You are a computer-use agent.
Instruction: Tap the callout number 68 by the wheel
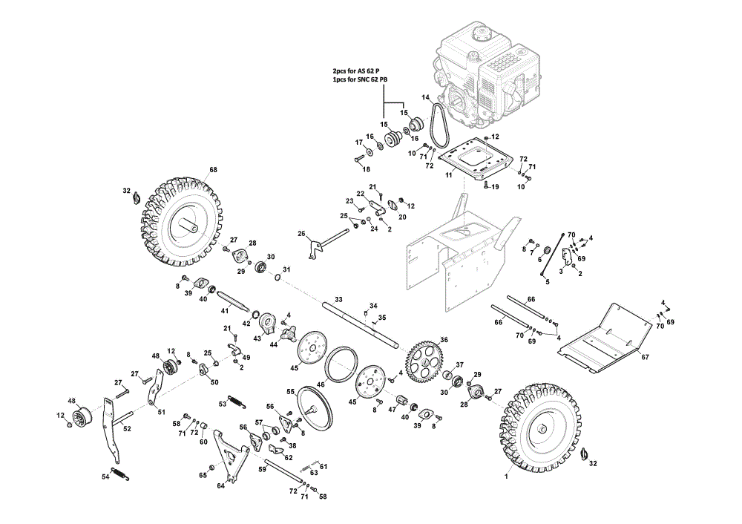(214, 170)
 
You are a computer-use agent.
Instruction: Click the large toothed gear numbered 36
(424, 363)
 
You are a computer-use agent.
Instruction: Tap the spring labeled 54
(119, 474)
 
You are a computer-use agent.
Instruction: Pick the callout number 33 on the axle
(338, 300)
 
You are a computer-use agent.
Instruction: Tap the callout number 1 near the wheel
(506, 476)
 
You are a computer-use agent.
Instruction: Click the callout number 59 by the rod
(262, 470)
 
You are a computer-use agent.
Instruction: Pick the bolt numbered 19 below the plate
(485, 185)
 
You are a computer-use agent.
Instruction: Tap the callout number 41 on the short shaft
(225, 310)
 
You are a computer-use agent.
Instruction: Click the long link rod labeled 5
(552, 254)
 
